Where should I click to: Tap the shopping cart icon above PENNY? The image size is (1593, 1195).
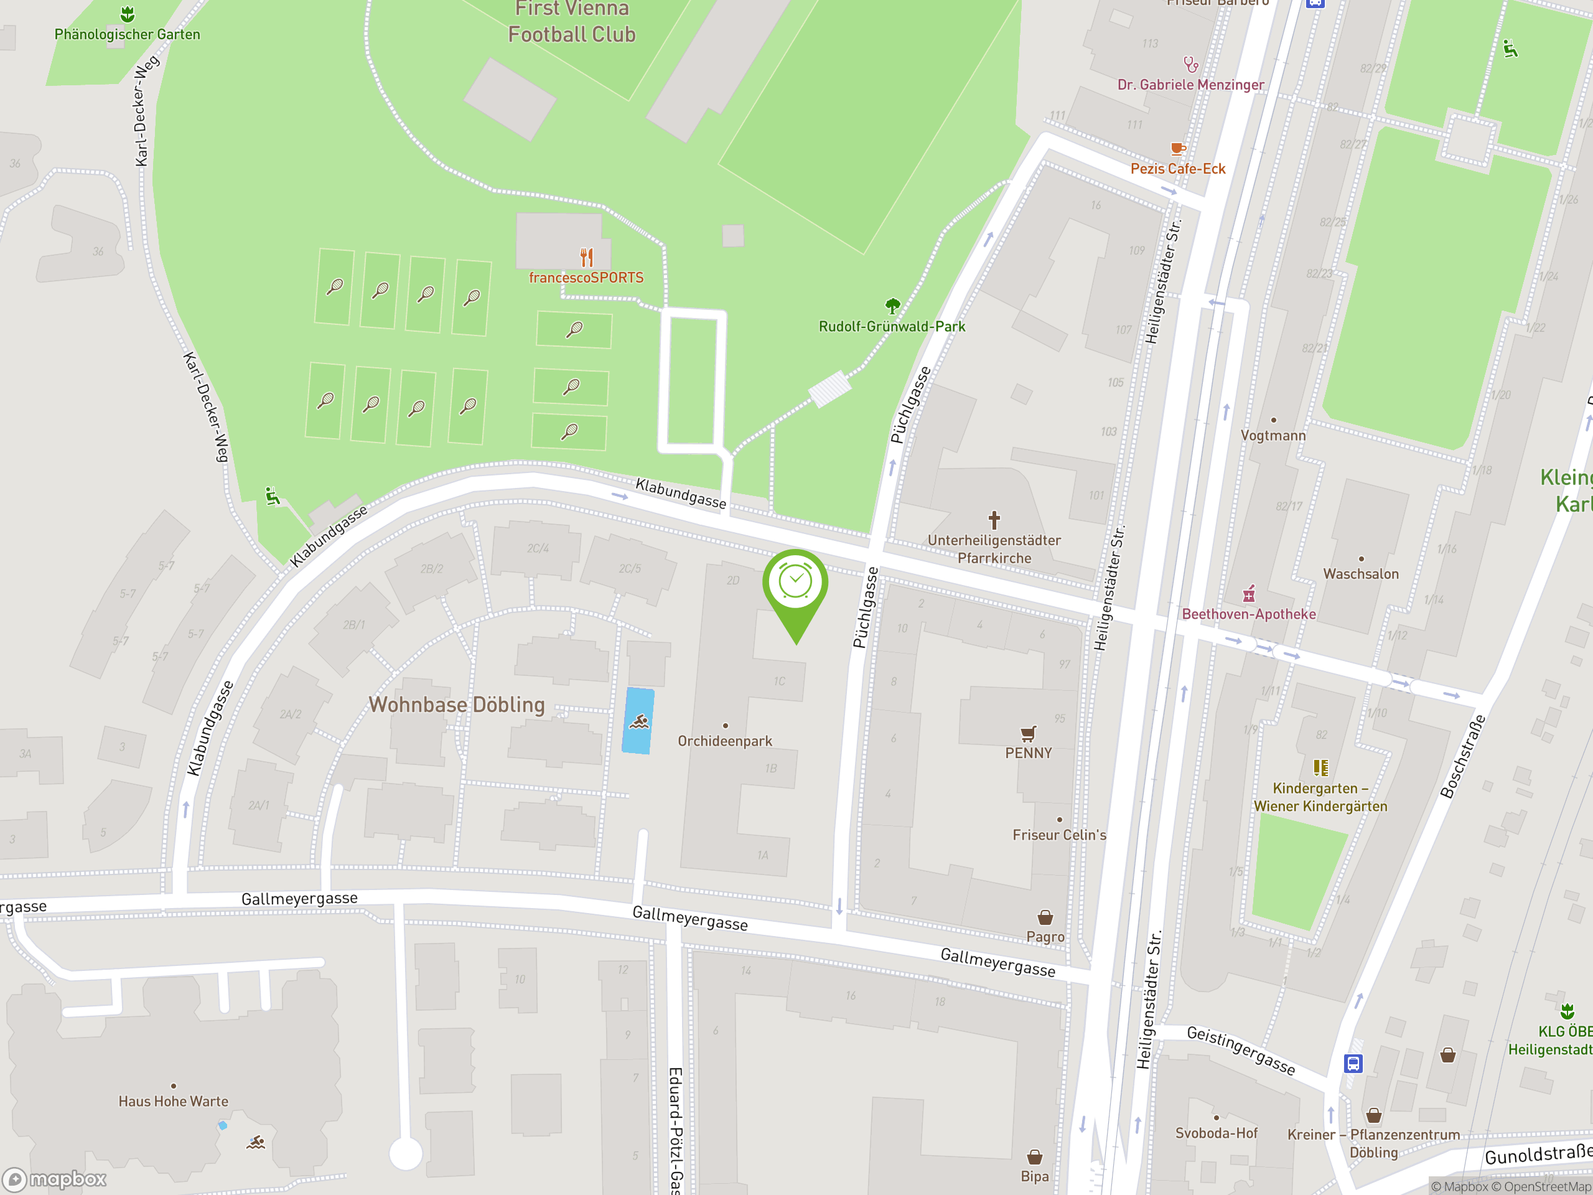click(1029, 733)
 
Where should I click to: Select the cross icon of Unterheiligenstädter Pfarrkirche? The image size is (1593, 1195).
click(994, 519)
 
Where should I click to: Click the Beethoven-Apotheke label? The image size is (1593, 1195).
click(1248, 614)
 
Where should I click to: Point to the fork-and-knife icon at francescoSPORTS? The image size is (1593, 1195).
click(586, 257)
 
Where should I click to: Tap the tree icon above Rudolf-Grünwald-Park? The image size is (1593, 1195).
click(892, 306)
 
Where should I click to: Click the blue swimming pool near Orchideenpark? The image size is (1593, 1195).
click(638, 721)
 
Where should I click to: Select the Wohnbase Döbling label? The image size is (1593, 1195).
click(457, 705)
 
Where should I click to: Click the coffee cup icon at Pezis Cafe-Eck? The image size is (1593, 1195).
click(1177, 149)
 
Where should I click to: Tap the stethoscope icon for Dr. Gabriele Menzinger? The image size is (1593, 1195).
click(1190, 65)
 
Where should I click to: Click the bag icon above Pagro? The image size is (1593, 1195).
click(1045, 917)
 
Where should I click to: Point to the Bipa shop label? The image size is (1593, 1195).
click(1034, 1176)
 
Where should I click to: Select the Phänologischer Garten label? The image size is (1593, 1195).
click(128, 34)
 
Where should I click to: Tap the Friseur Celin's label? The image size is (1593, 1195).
click(1058, 835)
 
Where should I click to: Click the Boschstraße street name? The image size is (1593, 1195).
click(1463, 756)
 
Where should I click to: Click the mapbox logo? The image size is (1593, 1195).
click(55, 1179)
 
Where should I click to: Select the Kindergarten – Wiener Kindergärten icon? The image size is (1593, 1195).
click(1320, 768)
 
